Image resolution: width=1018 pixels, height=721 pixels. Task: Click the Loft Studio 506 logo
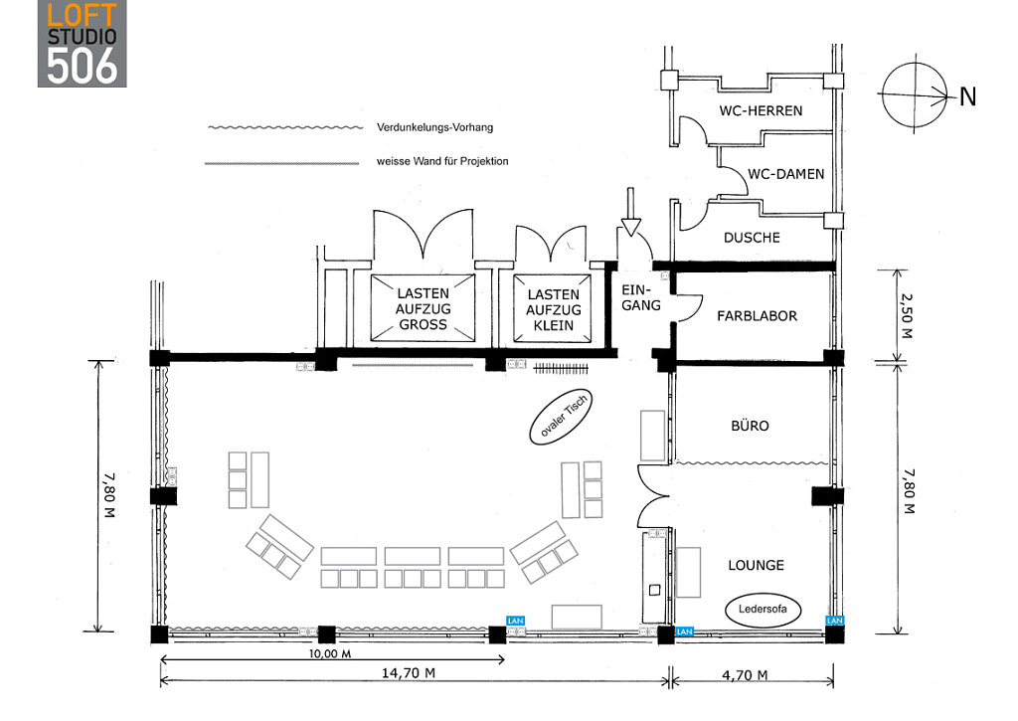(83, 43)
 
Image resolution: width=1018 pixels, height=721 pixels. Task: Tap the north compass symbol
(910, 96)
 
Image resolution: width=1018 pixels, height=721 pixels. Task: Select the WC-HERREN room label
(761, 110)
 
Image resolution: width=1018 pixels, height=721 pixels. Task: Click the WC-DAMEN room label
(785, 174)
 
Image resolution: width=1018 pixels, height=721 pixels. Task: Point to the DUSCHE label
(752, 238)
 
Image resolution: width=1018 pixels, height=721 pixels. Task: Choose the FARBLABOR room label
(757, 316)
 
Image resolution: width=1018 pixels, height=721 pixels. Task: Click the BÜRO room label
(750, 426)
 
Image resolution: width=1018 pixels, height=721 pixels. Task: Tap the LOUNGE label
(756, 565)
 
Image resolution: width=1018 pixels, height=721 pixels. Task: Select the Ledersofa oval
(763, 611)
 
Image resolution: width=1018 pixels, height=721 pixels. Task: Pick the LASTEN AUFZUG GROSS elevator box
(424, 309)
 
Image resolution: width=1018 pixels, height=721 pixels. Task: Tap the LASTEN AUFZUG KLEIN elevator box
(553, 309)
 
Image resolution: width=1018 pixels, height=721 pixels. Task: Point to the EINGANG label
(640, 297)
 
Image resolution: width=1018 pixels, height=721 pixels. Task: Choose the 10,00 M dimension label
(329, 654)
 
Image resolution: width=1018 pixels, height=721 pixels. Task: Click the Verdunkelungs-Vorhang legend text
(435, 127)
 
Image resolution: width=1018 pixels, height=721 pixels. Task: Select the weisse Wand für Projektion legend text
(442, 161)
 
